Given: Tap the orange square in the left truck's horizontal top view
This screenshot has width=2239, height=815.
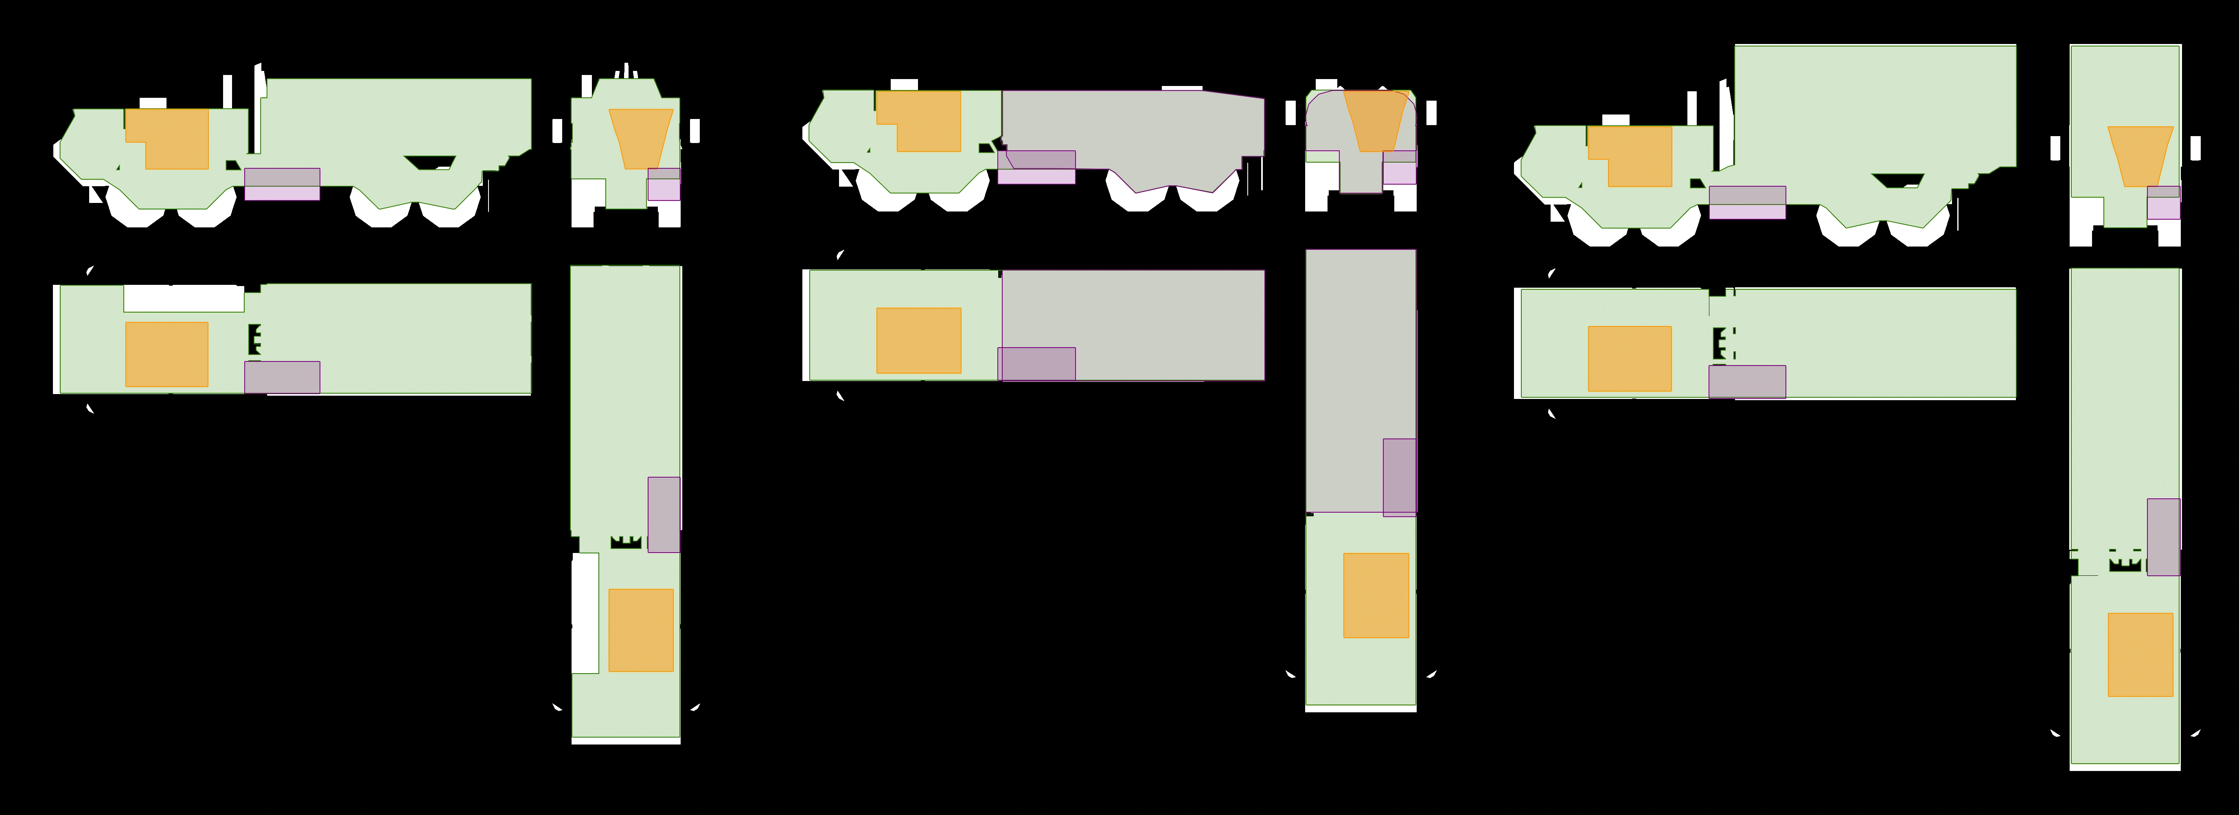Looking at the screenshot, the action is (x=167, y=354).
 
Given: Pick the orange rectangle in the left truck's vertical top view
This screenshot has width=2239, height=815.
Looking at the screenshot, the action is (x=641, y=630).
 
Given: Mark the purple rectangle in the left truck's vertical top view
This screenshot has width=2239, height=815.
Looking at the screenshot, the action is (x=663, y=514).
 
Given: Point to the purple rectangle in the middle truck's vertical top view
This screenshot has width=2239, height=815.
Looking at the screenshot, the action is (x=1400, y=477).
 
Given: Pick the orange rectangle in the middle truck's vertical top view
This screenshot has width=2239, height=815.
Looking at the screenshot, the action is (x=1376, y=595).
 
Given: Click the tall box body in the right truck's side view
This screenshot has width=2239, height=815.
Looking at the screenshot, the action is (x=1875, y=104).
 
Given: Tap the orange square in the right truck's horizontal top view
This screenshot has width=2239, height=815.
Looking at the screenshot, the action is (x=1630, y=358).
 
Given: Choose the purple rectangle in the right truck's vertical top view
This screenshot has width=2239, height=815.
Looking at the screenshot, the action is (x=2163, y=537).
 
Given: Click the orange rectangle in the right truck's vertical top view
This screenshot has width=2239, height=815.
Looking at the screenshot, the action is (x=2140, y=654).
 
